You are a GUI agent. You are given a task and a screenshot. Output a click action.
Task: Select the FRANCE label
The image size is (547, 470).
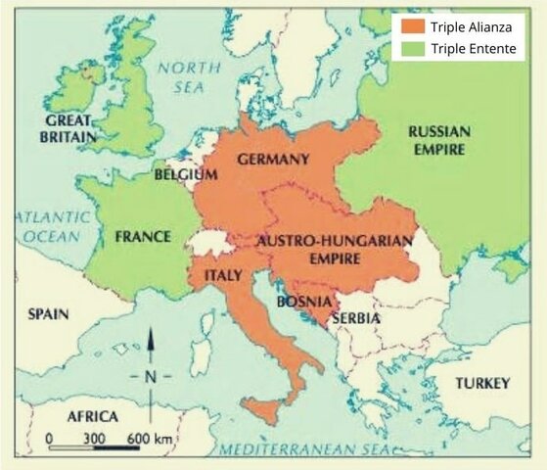point(142,237)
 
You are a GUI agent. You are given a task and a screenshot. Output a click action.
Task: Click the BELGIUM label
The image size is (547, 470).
point(185,174)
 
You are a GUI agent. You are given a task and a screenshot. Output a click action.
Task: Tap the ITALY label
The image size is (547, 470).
point(222,276)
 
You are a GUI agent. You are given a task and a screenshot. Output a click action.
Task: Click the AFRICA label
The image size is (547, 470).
point(92,416)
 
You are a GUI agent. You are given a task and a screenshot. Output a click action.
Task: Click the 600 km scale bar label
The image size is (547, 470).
point(150,437)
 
